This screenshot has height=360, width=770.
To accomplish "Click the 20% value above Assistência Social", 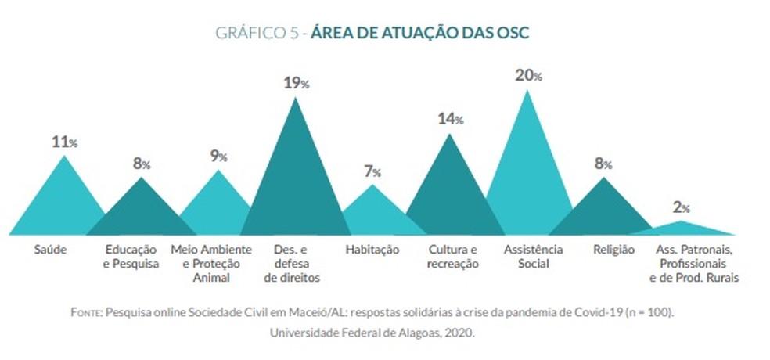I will click(x=528, y=76).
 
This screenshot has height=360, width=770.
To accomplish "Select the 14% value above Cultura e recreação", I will click(x=450, y=119).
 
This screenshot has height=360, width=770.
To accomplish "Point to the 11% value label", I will click(x=64, y=142).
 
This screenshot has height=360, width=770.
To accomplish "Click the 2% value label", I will click(x=681, y=208).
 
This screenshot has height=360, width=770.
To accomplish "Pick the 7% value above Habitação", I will click(x=372, y=171).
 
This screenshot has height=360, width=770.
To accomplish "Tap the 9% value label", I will click(x=218, y=156).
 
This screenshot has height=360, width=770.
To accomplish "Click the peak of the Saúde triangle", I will click(x=64, y=157).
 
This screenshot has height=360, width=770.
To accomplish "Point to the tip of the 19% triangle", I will click(x=294, y=99).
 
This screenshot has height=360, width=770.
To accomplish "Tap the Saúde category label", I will click(x=50, y=250).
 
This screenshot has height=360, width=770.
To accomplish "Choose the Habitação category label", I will click(x=372, y=250).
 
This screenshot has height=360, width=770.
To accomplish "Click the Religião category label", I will click(x=613, y=250).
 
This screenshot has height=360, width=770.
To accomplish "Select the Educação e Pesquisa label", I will click(x=131, y=257).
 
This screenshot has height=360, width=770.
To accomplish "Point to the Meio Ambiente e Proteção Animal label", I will click(x=210, y=263).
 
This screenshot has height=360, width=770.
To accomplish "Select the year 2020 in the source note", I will click(x=459, y=332).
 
